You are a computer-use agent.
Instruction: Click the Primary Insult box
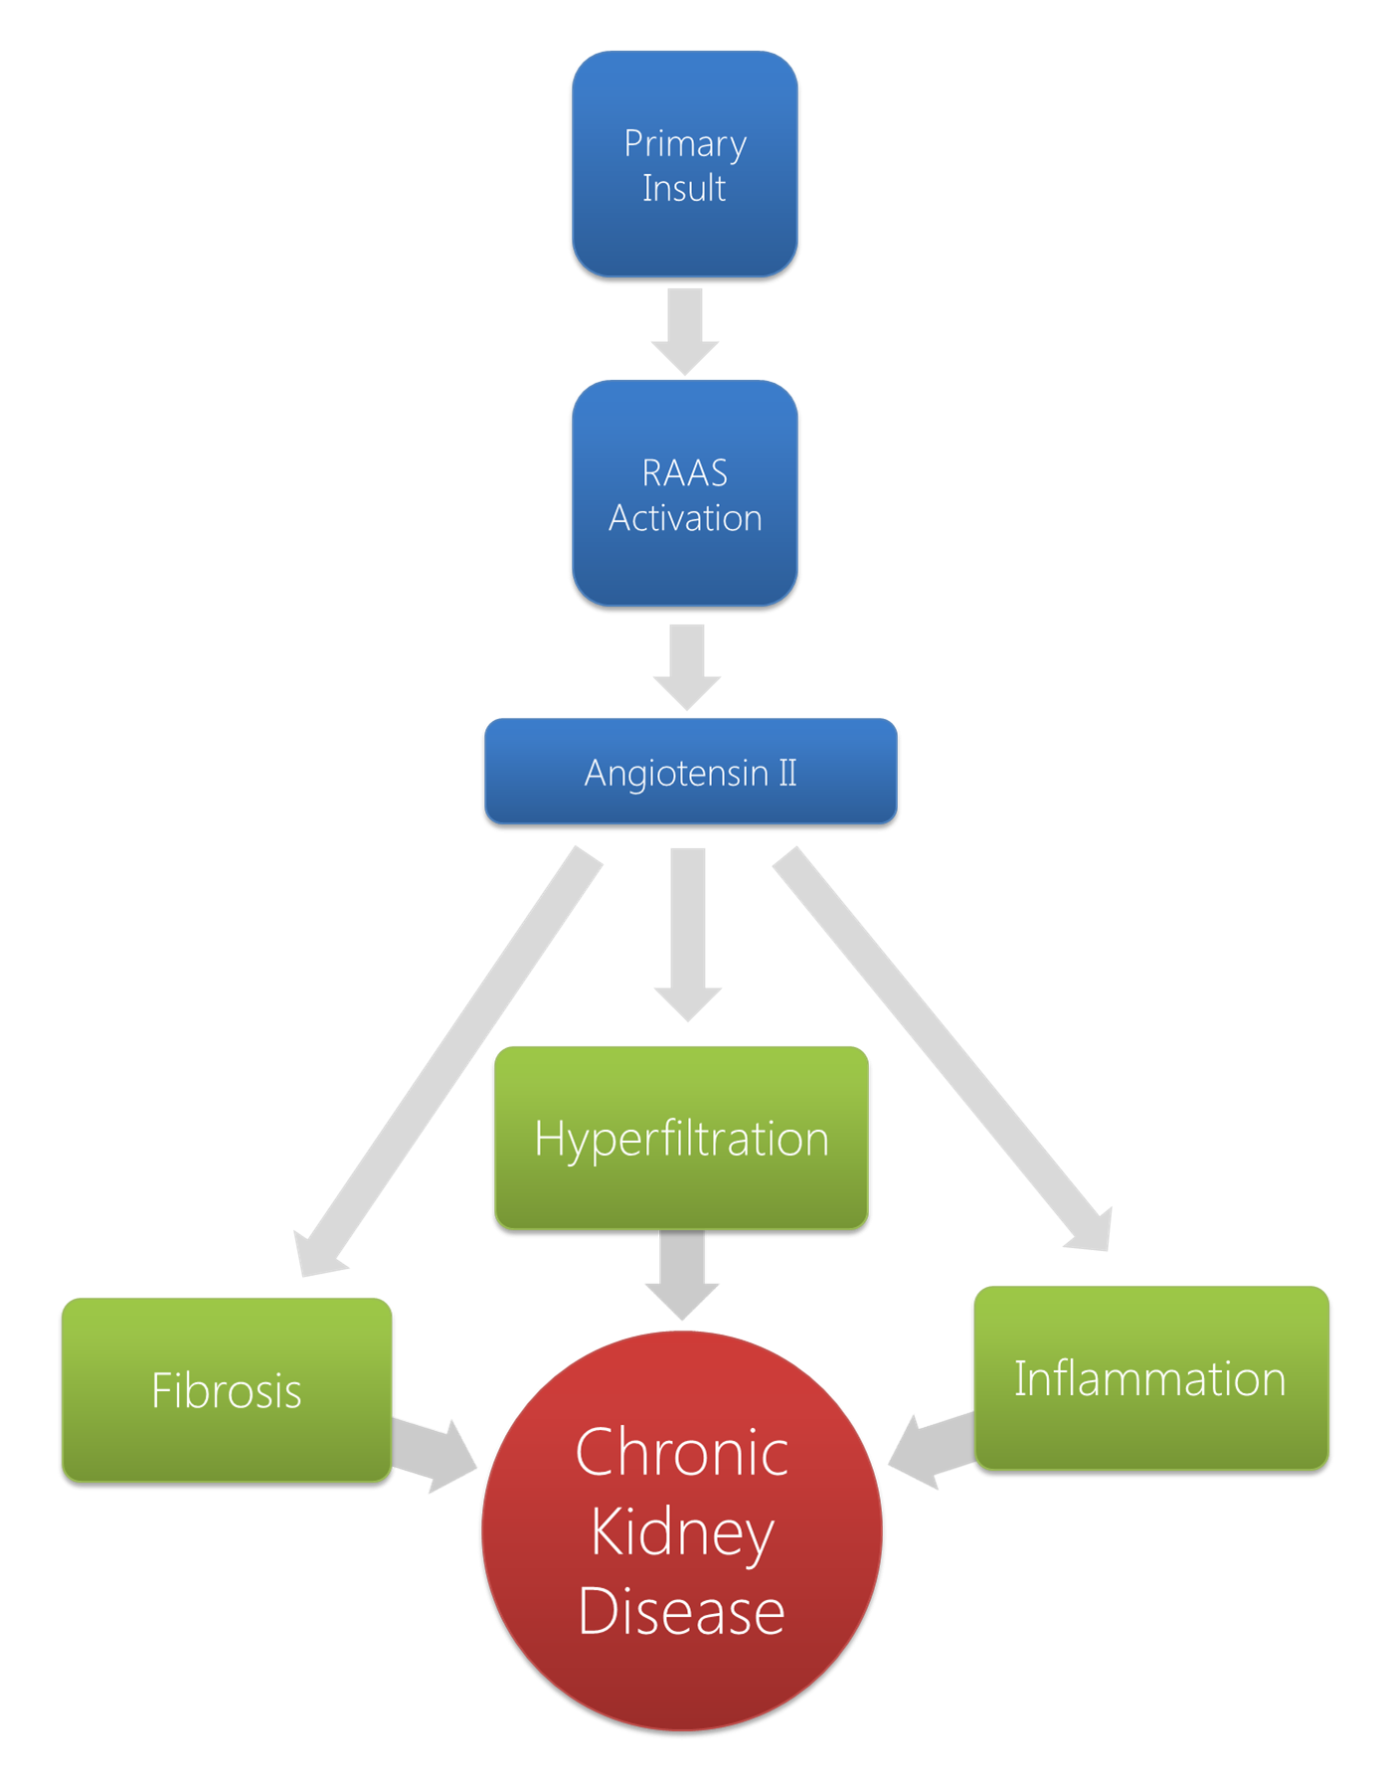(685, 164)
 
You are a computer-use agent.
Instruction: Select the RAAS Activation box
(685, 493)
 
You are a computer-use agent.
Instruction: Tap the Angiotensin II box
(691, 772)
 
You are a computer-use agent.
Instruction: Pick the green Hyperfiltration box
(682, 1138)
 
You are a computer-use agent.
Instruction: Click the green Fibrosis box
(227, 1390)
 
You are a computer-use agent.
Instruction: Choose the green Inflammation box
(1151, 1378)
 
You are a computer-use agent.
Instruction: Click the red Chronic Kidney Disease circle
(682, 1531)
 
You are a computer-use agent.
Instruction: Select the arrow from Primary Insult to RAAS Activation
(685, 332)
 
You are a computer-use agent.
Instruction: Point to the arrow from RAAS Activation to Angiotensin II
(687, 667)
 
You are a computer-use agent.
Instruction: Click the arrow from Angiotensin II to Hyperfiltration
(688, 935)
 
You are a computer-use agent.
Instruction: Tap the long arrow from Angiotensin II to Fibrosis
(447, 1062)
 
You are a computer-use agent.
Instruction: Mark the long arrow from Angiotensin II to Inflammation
(942, 1049)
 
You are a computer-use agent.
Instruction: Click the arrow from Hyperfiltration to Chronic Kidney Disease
(682, 1276)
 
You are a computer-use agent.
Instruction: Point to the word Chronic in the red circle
(682, 1453)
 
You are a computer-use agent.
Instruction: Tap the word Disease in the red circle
(682, 1611)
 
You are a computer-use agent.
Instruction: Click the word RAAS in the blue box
(685, 473)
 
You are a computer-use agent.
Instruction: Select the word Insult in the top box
(684, 188)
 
